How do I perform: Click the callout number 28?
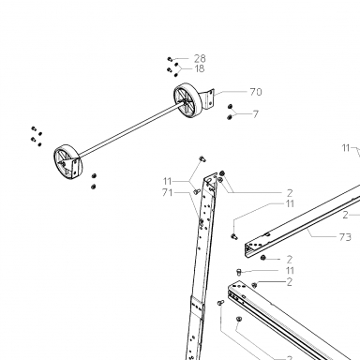point(200,58)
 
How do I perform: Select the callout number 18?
point(199,68)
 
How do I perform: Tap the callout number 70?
point(256,92)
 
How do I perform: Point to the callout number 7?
point(256,114)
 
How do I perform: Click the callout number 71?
point(167,193)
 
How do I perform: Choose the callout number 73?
point(345,237)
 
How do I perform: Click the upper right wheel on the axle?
point(187,100)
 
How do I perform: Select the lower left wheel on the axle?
point(68,162)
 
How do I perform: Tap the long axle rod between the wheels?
point(129,130)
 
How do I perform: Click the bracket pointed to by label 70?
point(209,99)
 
